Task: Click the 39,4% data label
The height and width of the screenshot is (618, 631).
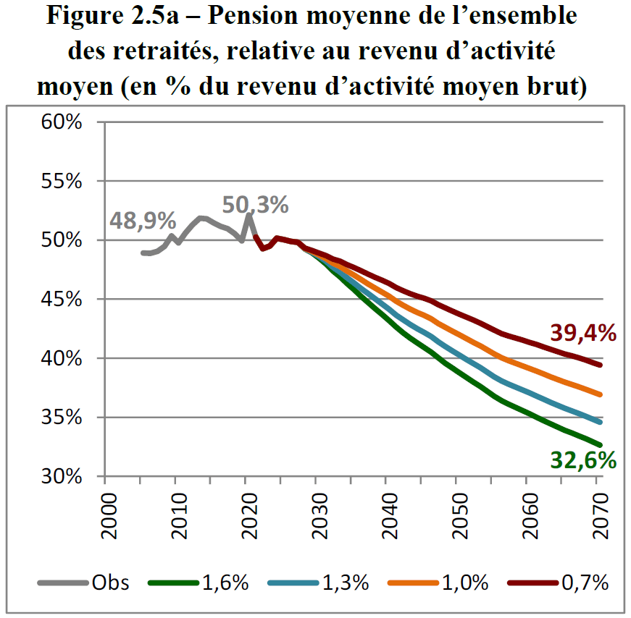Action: tap(583, 333)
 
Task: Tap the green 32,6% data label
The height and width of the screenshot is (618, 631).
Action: tap(583, 460)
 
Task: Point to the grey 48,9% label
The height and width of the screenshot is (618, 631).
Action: tap(143, 220)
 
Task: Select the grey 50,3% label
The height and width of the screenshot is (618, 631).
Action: tap(255, 206)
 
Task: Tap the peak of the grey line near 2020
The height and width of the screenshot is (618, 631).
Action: tap(248, 215)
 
